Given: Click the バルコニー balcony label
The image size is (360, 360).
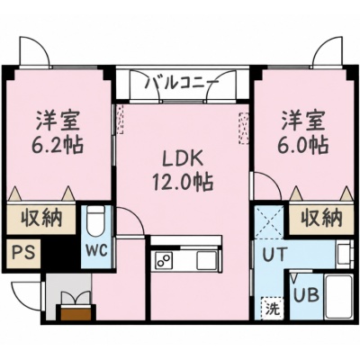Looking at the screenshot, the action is click(x=181, y=83).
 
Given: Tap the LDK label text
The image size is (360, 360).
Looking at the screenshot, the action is click(x=183, y=159).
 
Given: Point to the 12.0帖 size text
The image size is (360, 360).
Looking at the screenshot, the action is click(x=183, y=182).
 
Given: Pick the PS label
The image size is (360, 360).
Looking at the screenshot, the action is click(x=22, y=253).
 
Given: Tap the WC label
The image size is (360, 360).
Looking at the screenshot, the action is click(x=97, y=249).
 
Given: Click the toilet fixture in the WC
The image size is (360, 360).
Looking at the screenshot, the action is click(x=95, y=221).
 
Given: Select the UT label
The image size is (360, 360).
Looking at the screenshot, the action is click(x=275, y=255).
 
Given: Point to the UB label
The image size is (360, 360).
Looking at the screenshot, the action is click(x=306, y=295).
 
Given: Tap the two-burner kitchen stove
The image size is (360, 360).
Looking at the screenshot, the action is click(x=164, y=260).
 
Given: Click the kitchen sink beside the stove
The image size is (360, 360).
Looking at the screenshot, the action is click(x=207, y=260).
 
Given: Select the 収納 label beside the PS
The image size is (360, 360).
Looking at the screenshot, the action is click(x=41, y=218).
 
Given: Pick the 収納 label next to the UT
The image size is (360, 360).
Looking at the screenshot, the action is click(x=321, y=218).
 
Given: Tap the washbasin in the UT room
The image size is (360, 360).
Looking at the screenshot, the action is click(x=345, y=255).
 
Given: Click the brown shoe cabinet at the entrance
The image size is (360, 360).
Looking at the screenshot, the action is click(x=76, y=312).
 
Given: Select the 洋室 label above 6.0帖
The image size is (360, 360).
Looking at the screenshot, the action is click(x=303, y=121).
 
